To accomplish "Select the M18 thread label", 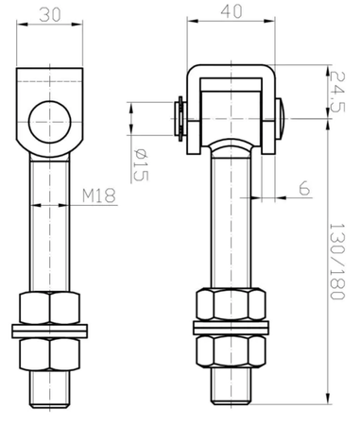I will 98,195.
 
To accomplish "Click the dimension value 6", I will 303,189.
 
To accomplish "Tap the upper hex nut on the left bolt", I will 51,309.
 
